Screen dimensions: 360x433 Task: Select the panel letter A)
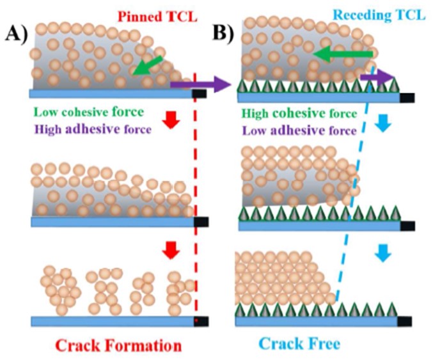click(13, 33)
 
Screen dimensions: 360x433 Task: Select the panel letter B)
click(224, 33)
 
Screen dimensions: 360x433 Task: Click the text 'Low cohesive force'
click(89, 113)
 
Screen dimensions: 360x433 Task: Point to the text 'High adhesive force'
click(93, 130)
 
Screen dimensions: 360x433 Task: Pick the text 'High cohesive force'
click(299, 114)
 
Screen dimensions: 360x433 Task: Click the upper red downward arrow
click(169, 120)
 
